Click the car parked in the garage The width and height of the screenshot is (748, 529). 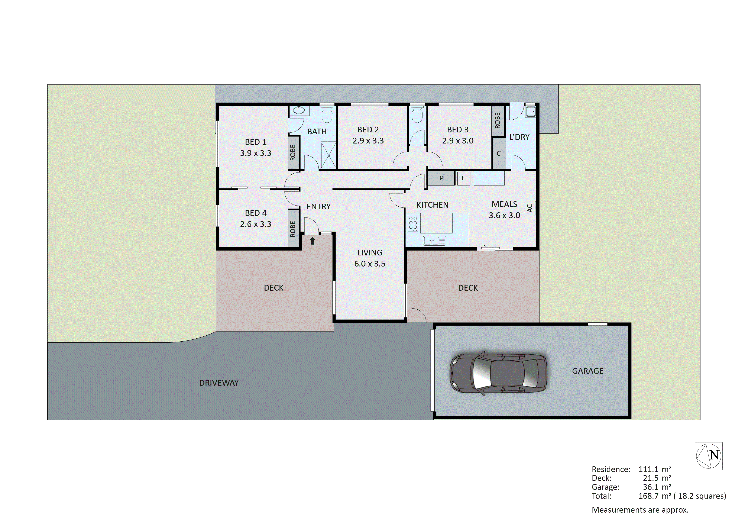click(498, 374)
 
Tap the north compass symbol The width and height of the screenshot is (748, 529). click(708, 456)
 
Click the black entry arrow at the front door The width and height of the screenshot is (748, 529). click(312, 241)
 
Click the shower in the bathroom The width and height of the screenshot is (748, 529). click(328, 155)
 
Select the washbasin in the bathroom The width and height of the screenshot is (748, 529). click(299, 110)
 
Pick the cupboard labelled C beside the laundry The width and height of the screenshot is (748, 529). click(498, 154)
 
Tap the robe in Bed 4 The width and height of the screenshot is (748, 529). click(293, 229)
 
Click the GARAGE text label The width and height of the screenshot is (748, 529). click(587, 371)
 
